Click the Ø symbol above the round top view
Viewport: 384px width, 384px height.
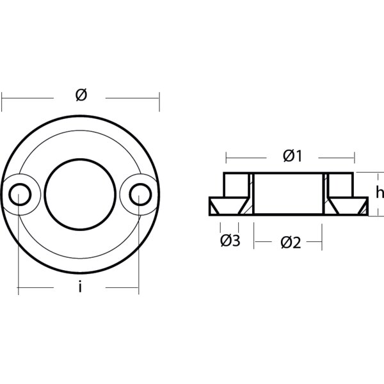[x=81, y=95]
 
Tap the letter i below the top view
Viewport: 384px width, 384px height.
[x=79, y=288]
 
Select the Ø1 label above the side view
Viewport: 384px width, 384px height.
[x=291, y=156]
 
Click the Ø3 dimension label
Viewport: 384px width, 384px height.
[x=230, y=241]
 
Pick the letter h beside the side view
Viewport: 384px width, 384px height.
[x=379, y=191]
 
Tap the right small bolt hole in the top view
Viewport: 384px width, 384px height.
[x=138, y=193]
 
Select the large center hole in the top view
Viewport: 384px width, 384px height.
[x=79, y=193]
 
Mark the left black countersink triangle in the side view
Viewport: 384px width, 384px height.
[x=223, y=205]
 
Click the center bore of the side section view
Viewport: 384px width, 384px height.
[x=288, y=193]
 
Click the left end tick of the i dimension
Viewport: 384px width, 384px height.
[x=19, y=290]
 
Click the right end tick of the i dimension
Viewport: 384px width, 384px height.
[x=138, y=290]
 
